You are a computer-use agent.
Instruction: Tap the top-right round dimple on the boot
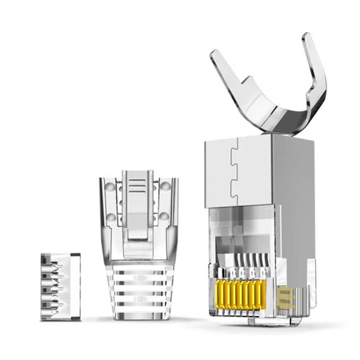165,186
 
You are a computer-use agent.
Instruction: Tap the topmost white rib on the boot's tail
138,270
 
